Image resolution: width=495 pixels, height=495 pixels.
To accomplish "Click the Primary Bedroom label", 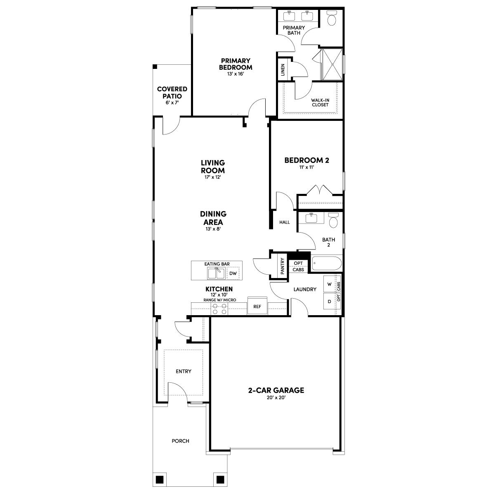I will click(x=236, y=64).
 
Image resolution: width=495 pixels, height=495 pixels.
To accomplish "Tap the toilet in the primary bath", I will click(x=332, y=18).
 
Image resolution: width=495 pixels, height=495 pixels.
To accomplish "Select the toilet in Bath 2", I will click(x=334, y=221).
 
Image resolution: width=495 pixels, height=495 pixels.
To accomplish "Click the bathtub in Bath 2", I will click(x=326, y=264).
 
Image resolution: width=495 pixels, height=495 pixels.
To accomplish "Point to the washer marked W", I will click(x=329, y=284).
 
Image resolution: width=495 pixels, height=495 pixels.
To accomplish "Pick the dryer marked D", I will click(x=329, y=302).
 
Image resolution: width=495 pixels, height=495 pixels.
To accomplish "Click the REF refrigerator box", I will click(x=257, y=306).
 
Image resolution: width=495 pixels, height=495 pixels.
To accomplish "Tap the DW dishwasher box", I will click(x=233, y=273).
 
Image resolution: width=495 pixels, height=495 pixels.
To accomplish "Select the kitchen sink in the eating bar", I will click(x=216, y=273).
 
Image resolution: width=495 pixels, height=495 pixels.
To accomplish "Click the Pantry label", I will click(x=283, y=266).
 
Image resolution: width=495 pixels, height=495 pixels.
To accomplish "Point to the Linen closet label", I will click(x=283, y=69).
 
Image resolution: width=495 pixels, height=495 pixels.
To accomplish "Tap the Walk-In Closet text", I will click(x=320, y=102).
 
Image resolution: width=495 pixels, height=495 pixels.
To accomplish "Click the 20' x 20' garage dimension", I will click(x=276, y=398).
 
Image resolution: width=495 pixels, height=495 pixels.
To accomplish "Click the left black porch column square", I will click(x=159, y=480).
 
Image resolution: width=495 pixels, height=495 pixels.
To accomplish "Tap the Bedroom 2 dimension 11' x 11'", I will click(x=306, y=167).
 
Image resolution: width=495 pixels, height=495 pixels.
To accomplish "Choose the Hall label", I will click(x=285, y=222).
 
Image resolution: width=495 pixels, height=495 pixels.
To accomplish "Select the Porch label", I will click(x=180, y=441).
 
